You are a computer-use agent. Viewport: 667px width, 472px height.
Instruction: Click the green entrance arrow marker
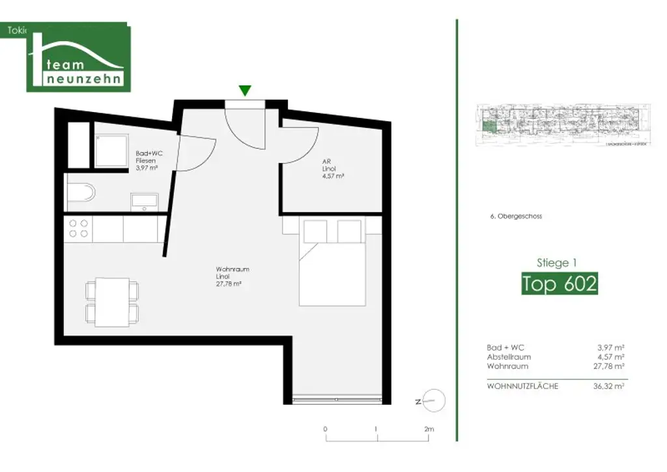coord(244,91)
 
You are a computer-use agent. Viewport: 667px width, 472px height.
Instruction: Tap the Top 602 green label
coord(560,284)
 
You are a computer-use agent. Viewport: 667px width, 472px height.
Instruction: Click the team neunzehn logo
coord(79,58)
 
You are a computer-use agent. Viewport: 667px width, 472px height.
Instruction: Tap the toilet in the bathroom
coord(81,192)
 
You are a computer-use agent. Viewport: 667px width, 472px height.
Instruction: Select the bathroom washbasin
coord(143,201)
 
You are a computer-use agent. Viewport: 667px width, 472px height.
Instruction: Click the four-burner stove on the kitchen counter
coord(79,228)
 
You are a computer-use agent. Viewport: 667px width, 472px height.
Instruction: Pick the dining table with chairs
coord(113,301)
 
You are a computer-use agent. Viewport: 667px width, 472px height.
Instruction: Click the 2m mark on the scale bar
coord(428,430)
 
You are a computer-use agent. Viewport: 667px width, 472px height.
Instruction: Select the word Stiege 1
coord(556,263)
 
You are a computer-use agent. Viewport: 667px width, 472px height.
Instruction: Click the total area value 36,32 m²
coord(610,387)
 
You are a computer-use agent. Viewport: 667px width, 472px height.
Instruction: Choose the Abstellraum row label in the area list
coord(509,357)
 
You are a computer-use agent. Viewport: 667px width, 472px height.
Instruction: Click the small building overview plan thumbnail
coord(563,123)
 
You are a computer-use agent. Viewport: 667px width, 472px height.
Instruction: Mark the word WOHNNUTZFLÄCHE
coord(522,387)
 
